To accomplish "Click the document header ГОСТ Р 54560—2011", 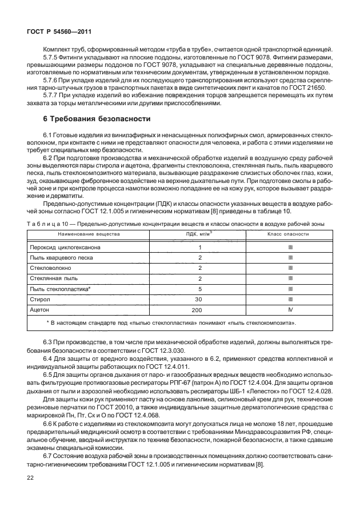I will pyautogui.click(x=54, y=34).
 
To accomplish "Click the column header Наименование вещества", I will pyautogui.click(x=80, y=234).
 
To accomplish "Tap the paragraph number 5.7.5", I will pyautogui.click(x=52, y=58).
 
